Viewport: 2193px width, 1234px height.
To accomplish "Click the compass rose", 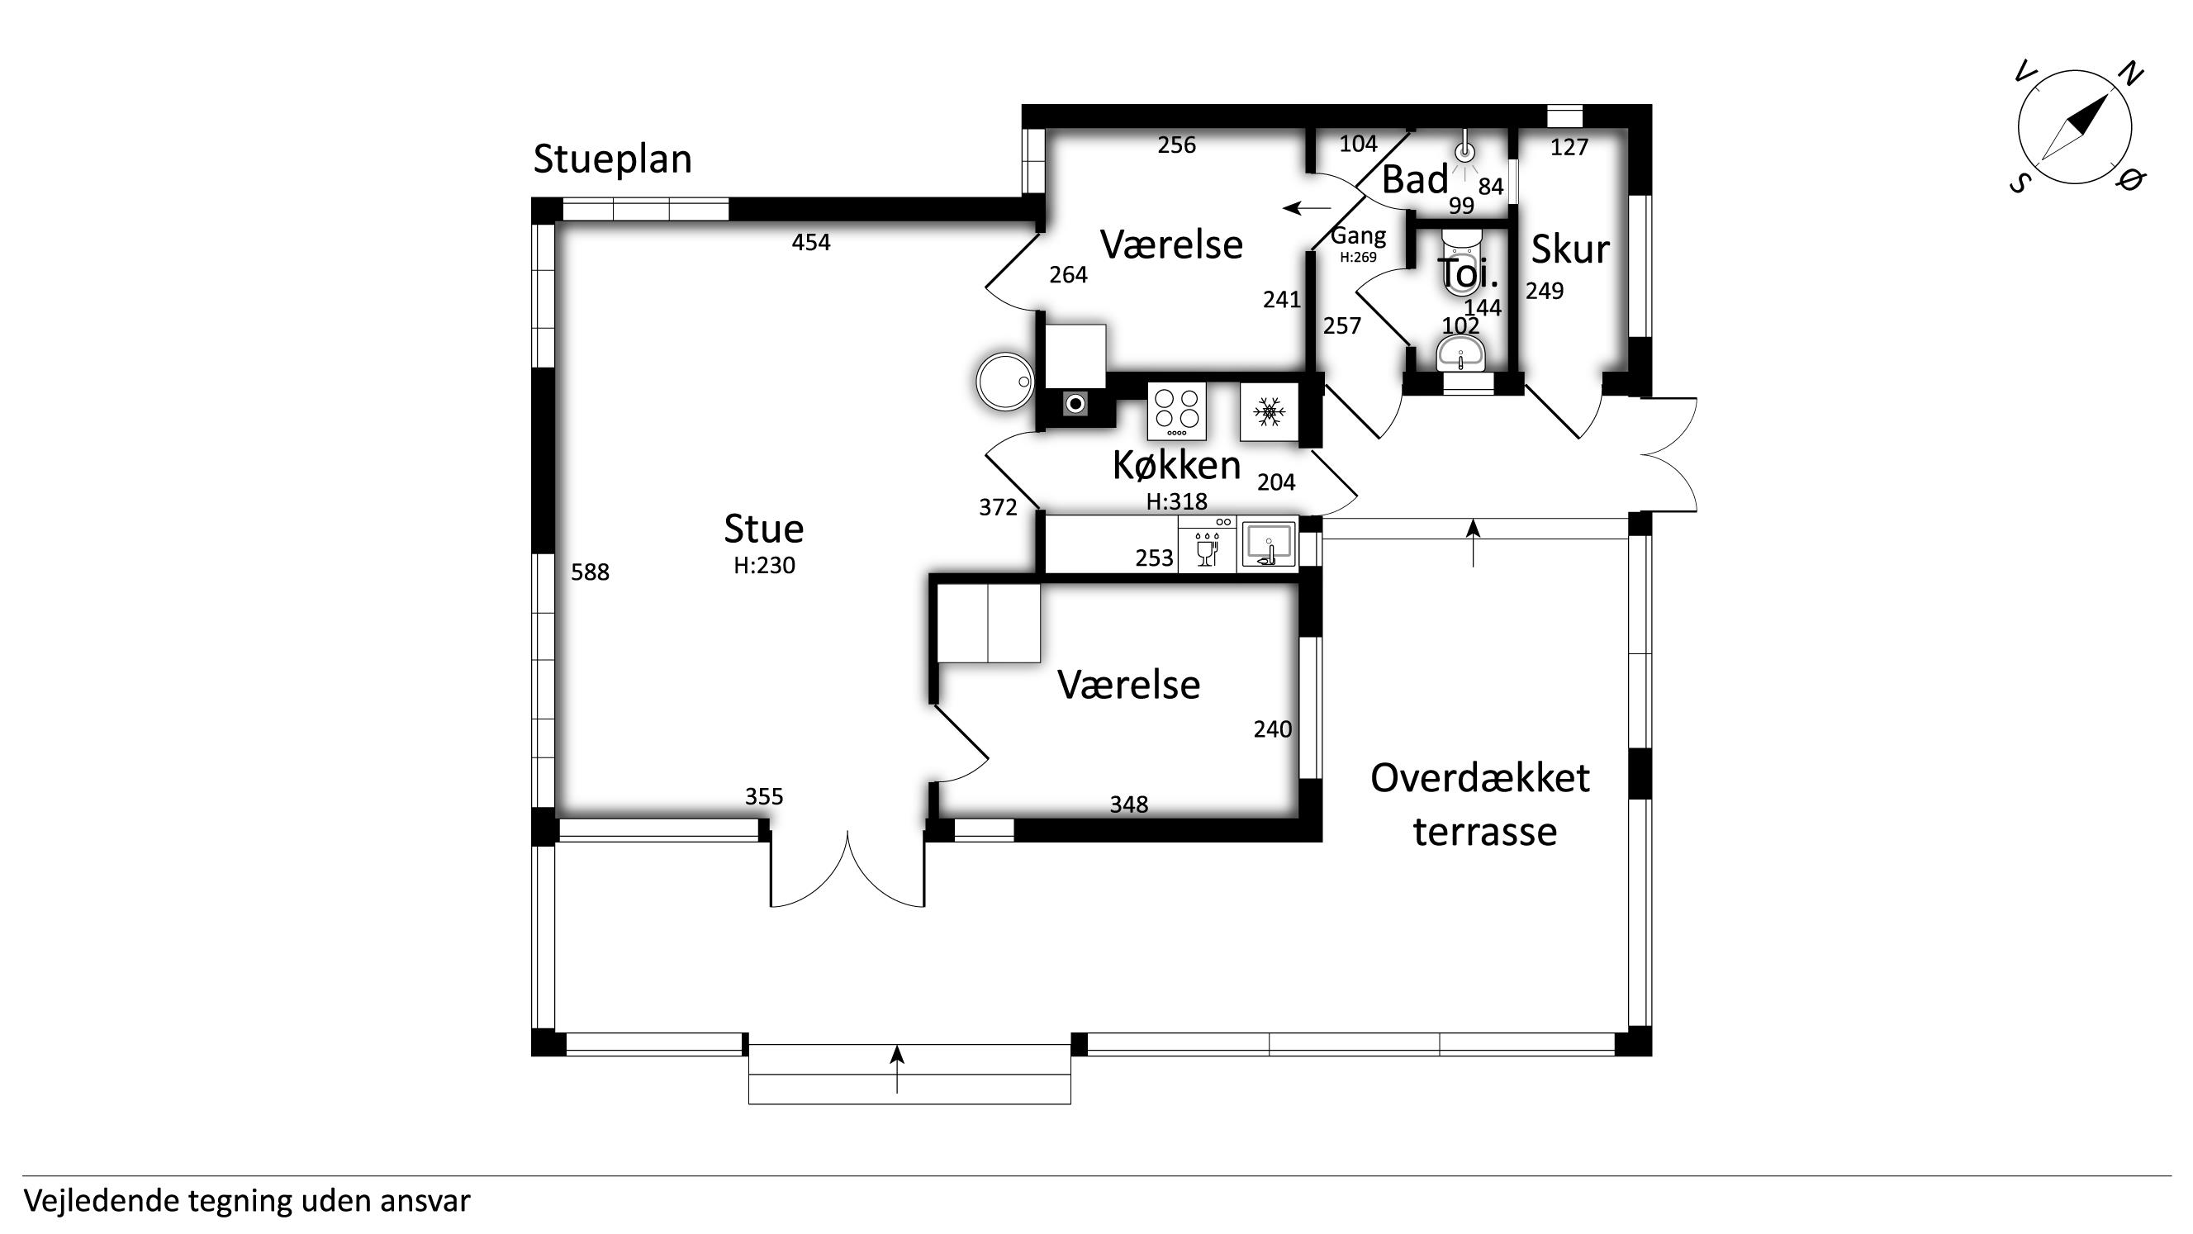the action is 2075,128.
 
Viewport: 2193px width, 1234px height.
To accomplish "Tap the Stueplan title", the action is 612,159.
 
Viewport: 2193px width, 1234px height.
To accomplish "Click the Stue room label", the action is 764,529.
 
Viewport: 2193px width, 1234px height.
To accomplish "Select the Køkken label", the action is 1176,465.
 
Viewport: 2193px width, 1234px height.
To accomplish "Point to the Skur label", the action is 1570,249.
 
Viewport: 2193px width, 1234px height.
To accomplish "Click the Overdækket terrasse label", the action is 1481,804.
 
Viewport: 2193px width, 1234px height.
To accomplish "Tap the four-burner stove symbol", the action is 1176,411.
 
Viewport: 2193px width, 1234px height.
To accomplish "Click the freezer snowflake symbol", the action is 1269,412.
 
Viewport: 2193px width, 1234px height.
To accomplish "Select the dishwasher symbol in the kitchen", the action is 1207,544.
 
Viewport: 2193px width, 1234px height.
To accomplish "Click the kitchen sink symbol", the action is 1269,544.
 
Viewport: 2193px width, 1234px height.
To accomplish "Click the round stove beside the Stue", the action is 1005,382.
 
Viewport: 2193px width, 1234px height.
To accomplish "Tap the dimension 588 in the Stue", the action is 590,572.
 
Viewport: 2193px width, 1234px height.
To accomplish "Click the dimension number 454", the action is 810,243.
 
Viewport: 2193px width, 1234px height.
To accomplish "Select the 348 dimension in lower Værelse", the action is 1129,804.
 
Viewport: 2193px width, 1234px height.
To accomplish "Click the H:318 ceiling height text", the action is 1176,501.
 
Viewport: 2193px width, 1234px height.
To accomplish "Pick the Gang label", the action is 1358,235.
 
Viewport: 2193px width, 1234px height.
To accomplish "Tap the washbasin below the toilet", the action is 1461,354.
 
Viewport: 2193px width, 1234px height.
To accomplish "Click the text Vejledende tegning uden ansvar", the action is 247,1201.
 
